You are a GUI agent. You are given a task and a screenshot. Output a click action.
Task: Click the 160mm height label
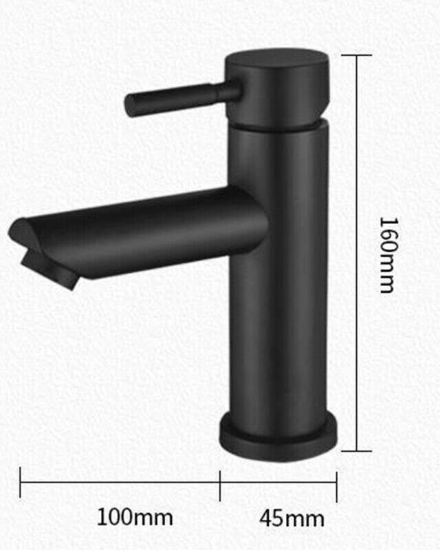click(x=389, y=255)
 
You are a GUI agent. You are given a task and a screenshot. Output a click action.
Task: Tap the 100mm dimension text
click(x=135, y=517)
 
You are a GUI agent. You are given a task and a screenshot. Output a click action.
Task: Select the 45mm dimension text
click(x=291, y=519)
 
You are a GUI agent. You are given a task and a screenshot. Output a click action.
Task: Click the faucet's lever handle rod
click(x=183, y=97)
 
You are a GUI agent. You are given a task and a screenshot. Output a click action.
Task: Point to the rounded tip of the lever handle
click(x=131, y=106)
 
